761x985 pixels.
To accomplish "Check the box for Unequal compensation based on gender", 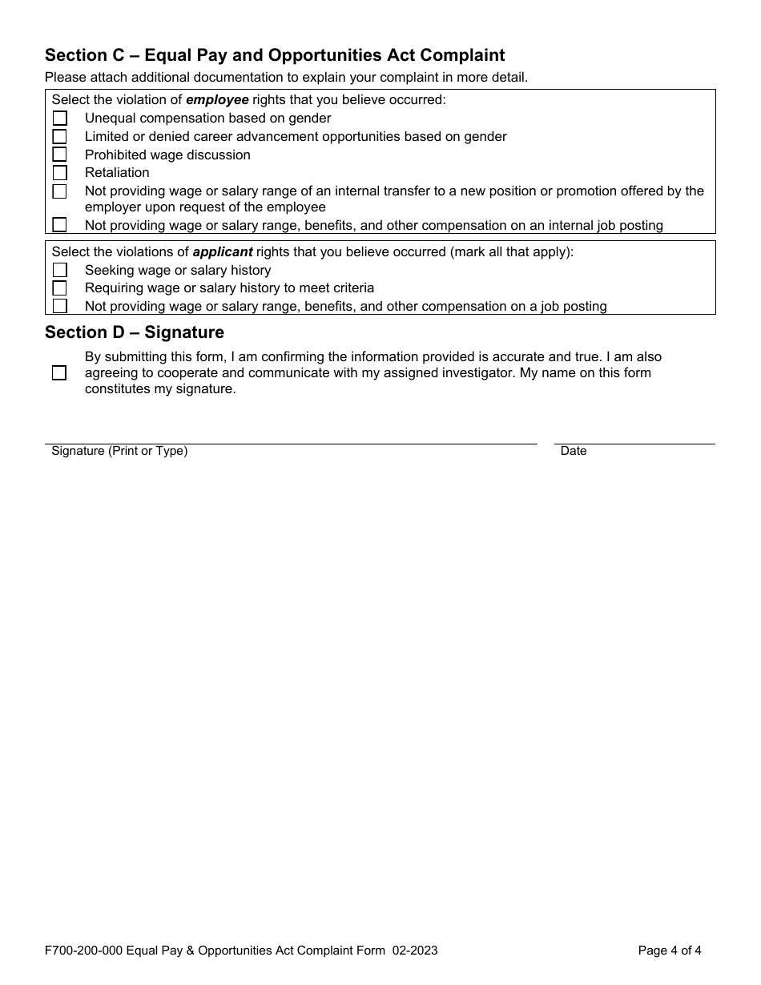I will pos(60,119).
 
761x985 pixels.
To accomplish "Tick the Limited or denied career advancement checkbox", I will pos(60,137).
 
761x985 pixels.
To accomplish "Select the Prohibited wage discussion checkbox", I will pos(60,155).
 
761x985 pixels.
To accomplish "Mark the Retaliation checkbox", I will pos(60,173).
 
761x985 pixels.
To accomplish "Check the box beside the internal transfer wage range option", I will pos(60,191).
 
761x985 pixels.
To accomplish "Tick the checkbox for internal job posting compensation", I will pos(60,225).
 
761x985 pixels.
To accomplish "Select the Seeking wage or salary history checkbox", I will pos(60,271).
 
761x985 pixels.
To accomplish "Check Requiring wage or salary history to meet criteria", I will pos(60,288).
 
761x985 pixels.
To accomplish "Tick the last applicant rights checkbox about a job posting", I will pos(60,306).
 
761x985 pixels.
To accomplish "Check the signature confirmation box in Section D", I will pos(59,373).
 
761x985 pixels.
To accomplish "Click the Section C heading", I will pos(275,55).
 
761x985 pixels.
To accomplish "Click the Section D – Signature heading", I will pos(135,332).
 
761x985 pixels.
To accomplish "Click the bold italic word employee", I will pos(217,100).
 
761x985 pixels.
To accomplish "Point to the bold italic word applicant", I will pos(223,251).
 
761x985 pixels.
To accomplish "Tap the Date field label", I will pos(574,452).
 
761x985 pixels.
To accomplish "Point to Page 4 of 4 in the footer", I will pos(670,951).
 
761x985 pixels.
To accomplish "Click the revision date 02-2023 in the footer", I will pos(415,951).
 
